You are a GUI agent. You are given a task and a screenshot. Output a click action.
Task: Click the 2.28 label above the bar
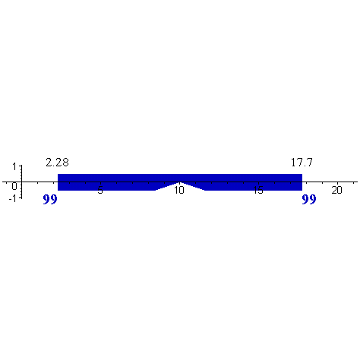point(57,163)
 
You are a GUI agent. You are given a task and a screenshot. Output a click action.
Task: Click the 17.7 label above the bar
point(302,163)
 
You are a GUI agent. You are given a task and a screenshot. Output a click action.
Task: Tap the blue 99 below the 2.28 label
point(50,201)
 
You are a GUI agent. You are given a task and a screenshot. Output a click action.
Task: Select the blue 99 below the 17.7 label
point(309,201)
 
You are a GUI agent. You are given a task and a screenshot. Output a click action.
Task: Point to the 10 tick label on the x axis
point(179,191)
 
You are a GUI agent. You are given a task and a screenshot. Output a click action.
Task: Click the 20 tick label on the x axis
point(336,190)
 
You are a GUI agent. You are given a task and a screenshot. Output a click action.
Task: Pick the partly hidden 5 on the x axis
point(99,191)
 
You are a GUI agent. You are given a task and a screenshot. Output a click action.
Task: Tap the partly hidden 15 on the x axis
point(258,191)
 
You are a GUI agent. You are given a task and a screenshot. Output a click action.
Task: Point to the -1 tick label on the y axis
point(13,198)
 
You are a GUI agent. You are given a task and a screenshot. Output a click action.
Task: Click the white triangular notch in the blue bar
point(180,187)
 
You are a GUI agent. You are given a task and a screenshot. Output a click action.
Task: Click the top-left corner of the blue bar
point(58,175)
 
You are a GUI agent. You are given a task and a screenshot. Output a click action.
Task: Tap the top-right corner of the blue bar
point(302,175)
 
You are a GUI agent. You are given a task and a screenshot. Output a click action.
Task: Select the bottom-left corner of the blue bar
point(58,190)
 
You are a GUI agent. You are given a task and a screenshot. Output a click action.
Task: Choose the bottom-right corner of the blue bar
point(302,190)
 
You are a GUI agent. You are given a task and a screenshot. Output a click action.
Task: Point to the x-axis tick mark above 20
point(336,182)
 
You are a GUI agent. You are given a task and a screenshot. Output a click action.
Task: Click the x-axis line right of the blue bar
point(319,183)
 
